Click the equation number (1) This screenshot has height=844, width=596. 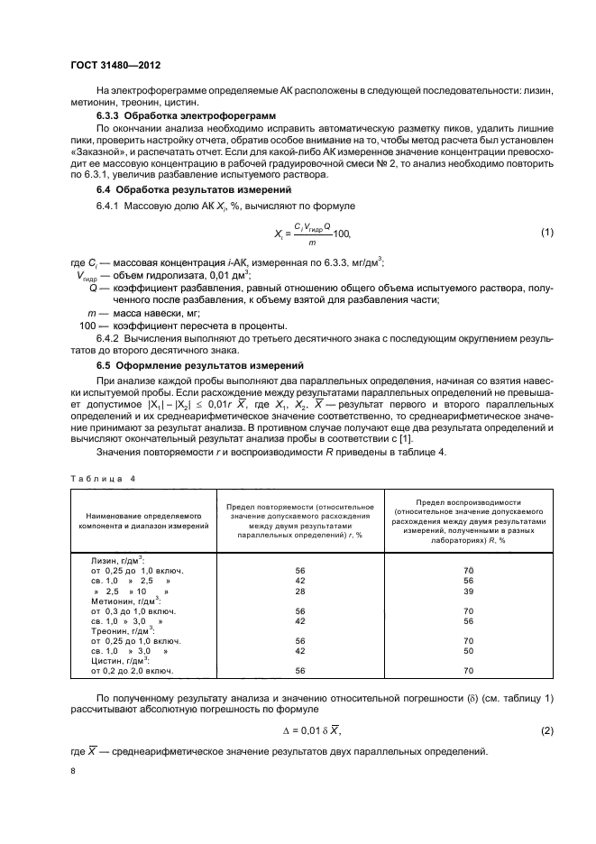coord(546,234)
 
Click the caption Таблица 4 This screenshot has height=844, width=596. coord(101,479)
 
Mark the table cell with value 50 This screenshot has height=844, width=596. coord(468,649)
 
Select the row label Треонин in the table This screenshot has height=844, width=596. coord(112,629)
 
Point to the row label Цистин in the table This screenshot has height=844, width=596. coord(109,660)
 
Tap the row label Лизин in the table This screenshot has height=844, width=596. coord(107,560)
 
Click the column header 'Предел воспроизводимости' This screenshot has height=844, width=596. coord(467,501)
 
